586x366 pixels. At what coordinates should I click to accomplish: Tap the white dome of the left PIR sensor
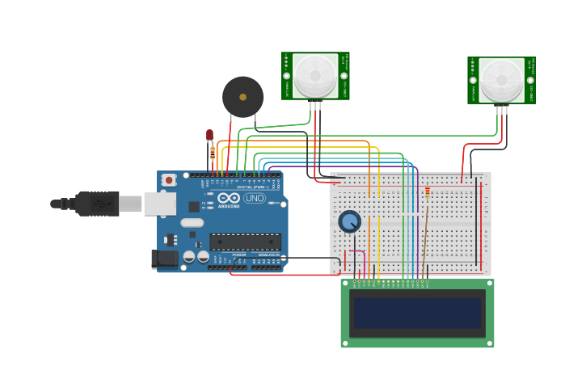[x=314, y=75]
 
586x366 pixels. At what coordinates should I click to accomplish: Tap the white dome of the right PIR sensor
[x=501, y=79]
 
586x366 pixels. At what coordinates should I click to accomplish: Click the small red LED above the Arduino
[x=209, y=135]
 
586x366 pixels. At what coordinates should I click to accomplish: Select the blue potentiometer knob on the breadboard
[x=349, y=221]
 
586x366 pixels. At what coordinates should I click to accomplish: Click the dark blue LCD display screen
[x=417, y=313]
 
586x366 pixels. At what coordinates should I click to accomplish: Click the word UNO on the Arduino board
[x=255, y=198]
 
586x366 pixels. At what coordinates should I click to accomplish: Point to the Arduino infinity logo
[x=229, y=198]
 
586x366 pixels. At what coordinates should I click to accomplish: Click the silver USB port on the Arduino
[x=159, y=203]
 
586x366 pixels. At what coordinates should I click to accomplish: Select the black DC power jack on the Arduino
[x=164, y=259]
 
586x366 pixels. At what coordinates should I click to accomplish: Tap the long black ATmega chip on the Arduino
[x=245, y=242]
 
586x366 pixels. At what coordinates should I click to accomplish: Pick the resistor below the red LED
[x=213, y=153]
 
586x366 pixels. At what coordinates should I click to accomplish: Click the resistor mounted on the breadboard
[x=427, y=192]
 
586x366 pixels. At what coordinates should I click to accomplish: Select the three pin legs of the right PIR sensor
[x=502, y=110]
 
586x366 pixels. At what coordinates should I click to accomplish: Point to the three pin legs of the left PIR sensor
[x=314, y=105]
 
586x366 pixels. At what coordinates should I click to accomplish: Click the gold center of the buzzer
[x=242, y=97]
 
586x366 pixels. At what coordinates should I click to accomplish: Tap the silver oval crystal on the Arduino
[x=192, y=222]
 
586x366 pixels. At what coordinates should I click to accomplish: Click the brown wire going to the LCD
[x=424, y=242]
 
